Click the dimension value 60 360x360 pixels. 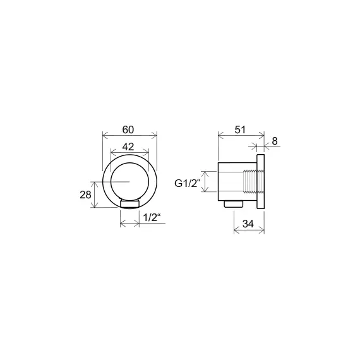128,129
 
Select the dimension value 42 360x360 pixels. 128,147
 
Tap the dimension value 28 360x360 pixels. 85,195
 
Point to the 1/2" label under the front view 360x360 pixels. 152,217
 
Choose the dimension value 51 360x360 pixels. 240,129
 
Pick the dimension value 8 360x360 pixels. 275,141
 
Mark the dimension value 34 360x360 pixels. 248,224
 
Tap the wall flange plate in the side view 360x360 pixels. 261,182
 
